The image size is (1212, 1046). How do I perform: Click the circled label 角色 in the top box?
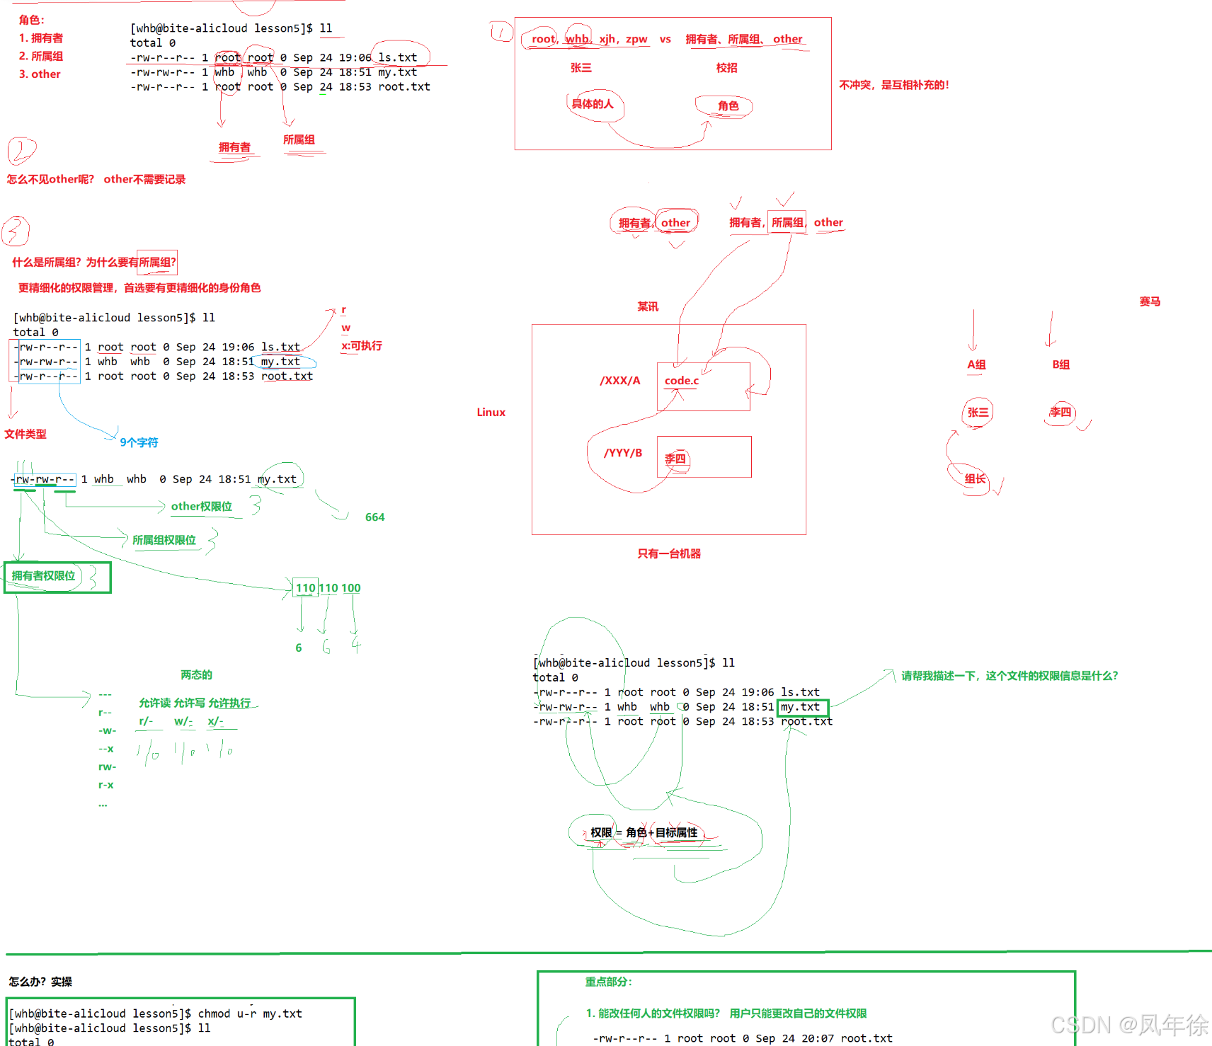pos(728,106)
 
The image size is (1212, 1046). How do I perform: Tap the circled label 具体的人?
pos(593,104)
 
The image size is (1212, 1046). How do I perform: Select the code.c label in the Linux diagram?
pos(681,381)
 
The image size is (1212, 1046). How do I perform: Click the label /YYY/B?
pos(623,453)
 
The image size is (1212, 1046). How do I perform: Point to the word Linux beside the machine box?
pos(491,413)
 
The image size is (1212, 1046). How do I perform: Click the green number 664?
pos(375,517)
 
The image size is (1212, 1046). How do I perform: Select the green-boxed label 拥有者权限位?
pos(44,576)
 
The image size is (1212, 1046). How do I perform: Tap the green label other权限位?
pos(201,507)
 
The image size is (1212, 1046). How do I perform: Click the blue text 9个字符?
pos(139,442)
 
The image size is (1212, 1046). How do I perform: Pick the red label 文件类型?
pos(25,434)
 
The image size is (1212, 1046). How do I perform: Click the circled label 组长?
pos(975,479)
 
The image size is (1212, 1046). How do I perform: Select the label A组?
pos(976,364)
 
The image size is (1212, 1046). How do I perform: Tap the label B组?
pos(1060,364)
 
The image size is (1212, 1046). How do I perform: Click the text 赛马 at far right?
pos(1150,301)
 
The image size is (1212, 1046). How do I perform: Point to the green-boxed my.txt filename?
pos(801,707)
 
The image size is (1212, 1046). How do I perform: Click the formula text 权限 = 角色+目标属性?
pos(644,833)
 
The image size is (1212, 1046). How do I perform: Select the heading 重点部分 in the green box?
pos(608,982)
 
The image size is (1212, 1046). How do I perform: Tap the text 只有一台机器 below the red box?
pos(669,553)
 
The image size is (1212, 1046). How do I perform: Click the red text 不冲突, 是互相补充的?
pos(893,85)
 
